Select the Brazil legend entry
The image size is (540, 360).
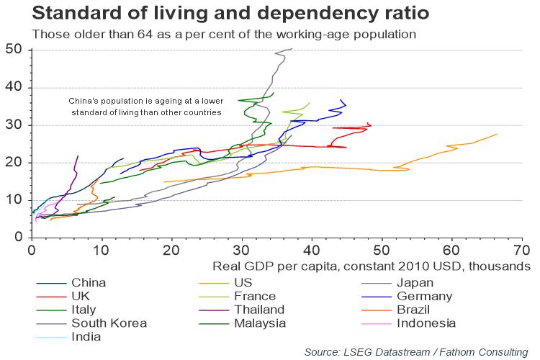click(x=413, y=310)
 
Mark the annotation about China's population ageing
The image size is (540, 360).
click(x=145, y=107)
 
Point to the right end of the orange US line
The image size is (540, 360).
click(x=497, y=134)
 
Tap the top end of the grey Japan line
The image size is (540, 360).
click(x=292, y=49)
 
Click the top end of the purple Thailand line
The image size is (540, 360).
click(x=78, y=156)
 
